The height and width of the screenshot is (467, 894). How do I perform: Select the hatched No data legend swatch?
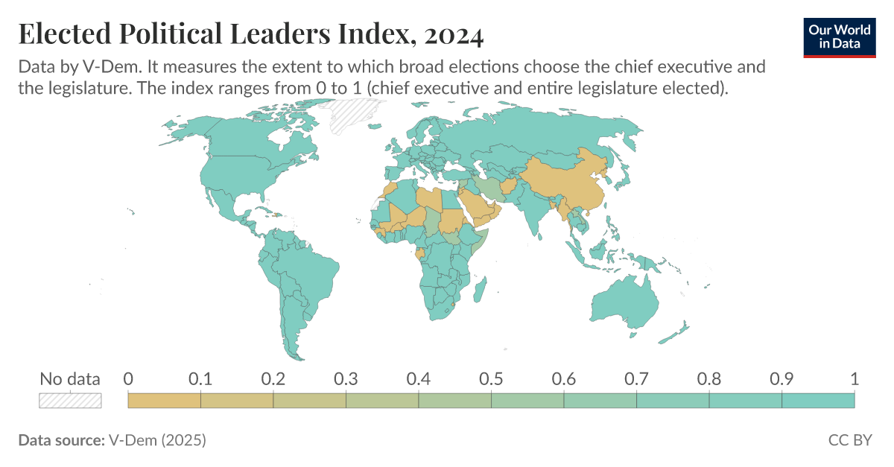click(70, 400)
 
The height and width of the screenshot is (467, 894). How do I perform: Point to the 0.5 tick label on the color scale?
click(491, 379)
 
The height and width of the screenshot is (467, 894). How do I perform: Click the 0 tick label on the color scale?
click(128, 379)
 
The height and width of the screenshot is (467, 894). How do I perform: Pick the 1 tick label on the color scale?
click(854, 379)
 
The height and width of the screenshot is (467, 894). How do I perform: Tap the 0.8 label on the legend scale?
click(708, 379)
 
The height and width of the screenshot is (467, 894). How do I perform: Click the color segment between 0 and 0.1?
click(165, 400)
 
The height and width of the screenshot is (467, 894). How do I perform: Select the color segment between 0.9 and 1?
click(818, 400)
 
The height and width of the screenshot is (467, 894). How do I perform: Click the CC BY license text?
click(849, 440)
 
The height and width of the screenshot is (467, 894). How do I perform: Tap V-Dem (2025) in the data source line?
click(157, 440)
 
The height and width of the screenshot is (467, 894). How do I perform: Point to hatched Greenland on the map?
click(347, 115)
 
